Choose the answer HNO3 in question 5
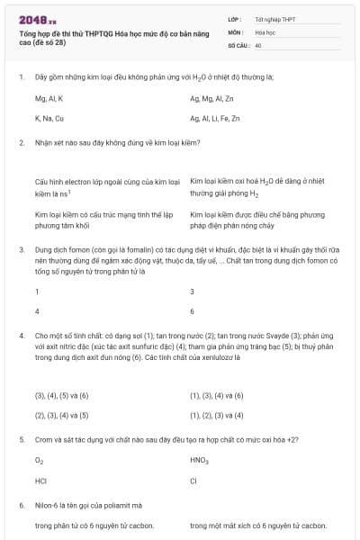(x=199, y=460)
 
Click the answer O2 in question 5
(x=39, y=460)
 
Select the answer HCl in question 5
(x=40, y=481)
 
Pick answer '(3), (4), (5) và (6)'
(x=61, y=394)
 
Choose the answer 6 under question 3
(x=192, y=311)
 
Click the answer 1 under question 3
(x=37, y=292)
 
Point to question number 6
(x=21, y=505)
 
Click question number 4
(x=21, y=336)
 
